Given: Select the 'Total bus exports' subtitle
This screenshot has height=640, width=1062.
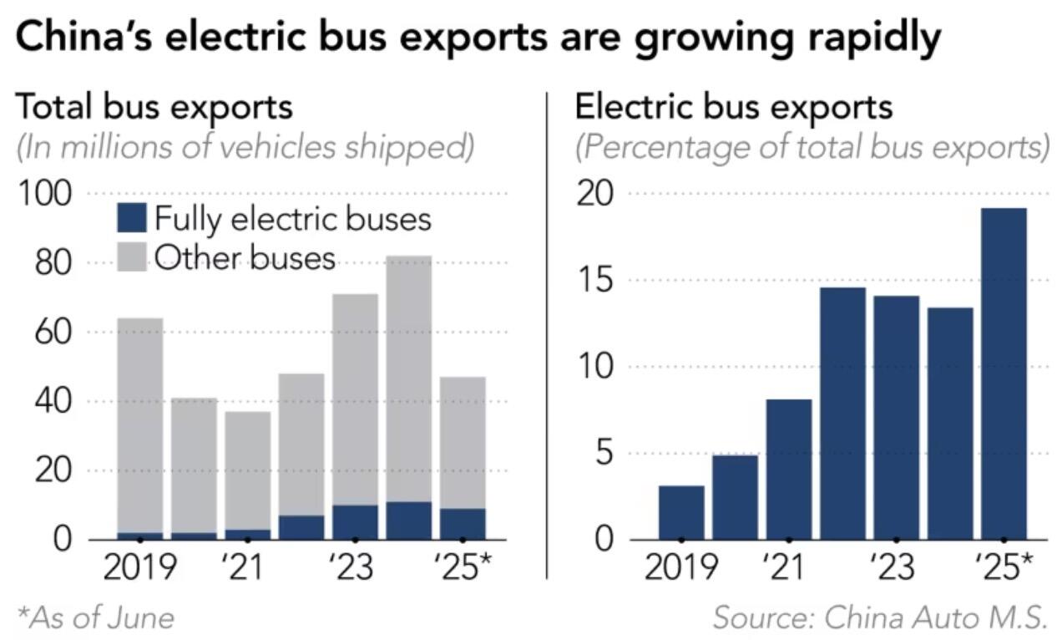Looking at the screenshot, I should point(154,108).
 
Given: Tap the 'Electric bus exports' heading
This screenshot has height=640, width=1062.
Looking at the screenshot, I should point(734,108).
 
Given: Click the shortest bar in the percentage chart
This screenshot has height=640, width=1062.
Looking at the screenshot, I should point(681,512).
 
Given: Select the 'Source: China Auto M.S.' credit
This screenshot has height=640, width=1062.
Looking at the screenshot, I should point(880,617).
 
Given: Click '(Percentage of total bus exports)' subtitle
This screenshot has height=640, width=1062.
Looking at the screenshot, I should point(812,147).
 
